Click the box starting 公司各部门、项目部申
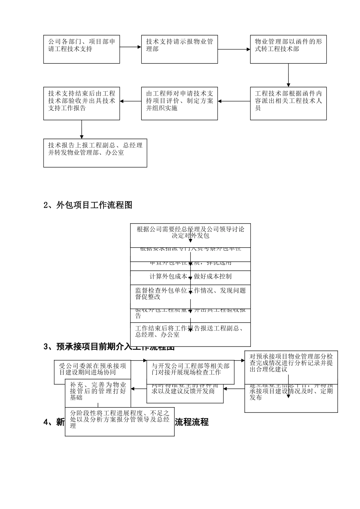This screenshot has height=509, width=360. tap(81, 49)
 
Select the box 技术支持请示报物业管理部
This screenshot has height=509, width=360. tap(179, 49)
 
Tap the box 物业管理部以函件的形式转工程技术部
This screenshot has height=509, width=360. tap(288, 49)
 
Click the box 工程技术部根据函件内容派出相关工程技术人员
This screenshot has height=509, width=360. tap(288, 104)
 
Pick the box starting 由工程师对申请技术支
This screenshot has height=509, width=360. tap(179, 104)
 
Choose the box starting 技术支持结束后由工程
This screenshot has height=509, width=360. tap(81, 104)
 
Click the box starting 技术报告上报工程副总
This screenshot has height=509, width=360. tap(95, 153)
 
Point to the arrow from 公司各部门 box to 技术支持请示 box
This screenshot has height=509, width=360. tap(130, 47)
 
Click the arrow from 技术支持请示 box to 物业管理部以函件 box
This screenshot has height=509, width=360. tap(234, 49)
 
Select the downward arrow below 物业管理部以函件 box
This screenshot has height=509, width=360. tap(288, 75)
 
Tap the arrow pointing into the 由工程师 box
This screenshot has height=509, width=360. tap(234, 101)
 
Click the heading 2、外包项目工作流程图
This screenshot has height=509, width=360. tap(88, 205)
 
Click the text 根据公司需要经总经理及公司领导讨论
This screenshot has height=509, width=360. tap(190, 229)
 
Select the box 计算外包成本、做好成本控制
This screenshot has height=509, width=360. tap(190, 276)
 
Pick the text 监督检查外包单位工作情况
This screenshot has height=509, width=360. tap(190, 290)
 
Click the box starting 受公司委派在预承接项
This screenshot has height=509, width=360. tap(92, 369)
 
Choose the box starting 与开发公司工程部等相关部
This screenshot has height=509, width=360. tap(190, 369)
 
